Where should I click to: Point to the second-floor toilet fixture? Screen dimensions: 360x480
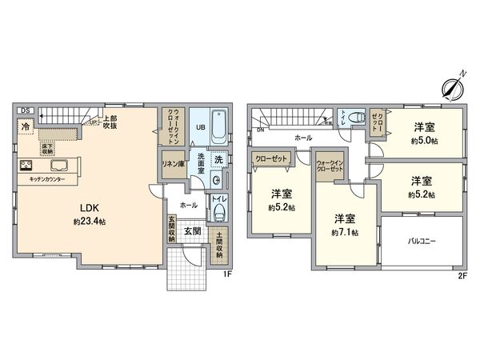point(350,117)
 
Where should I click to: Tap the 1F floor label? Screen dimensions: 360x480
point(227,275)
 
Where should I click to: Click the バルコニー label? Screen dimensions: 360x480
point(422,239)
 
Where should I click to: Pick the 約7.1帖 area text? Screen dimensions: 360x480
point(346,232)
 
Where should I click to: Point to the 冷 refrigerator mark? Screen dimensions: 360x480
point(26,126)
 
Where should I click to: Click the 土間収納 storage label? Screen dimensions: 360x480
point(219,240)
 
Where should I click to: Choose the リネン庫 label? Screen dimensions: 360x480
point(173,163)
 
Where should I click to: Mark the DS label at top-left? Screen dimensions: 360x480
point(24,110)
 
